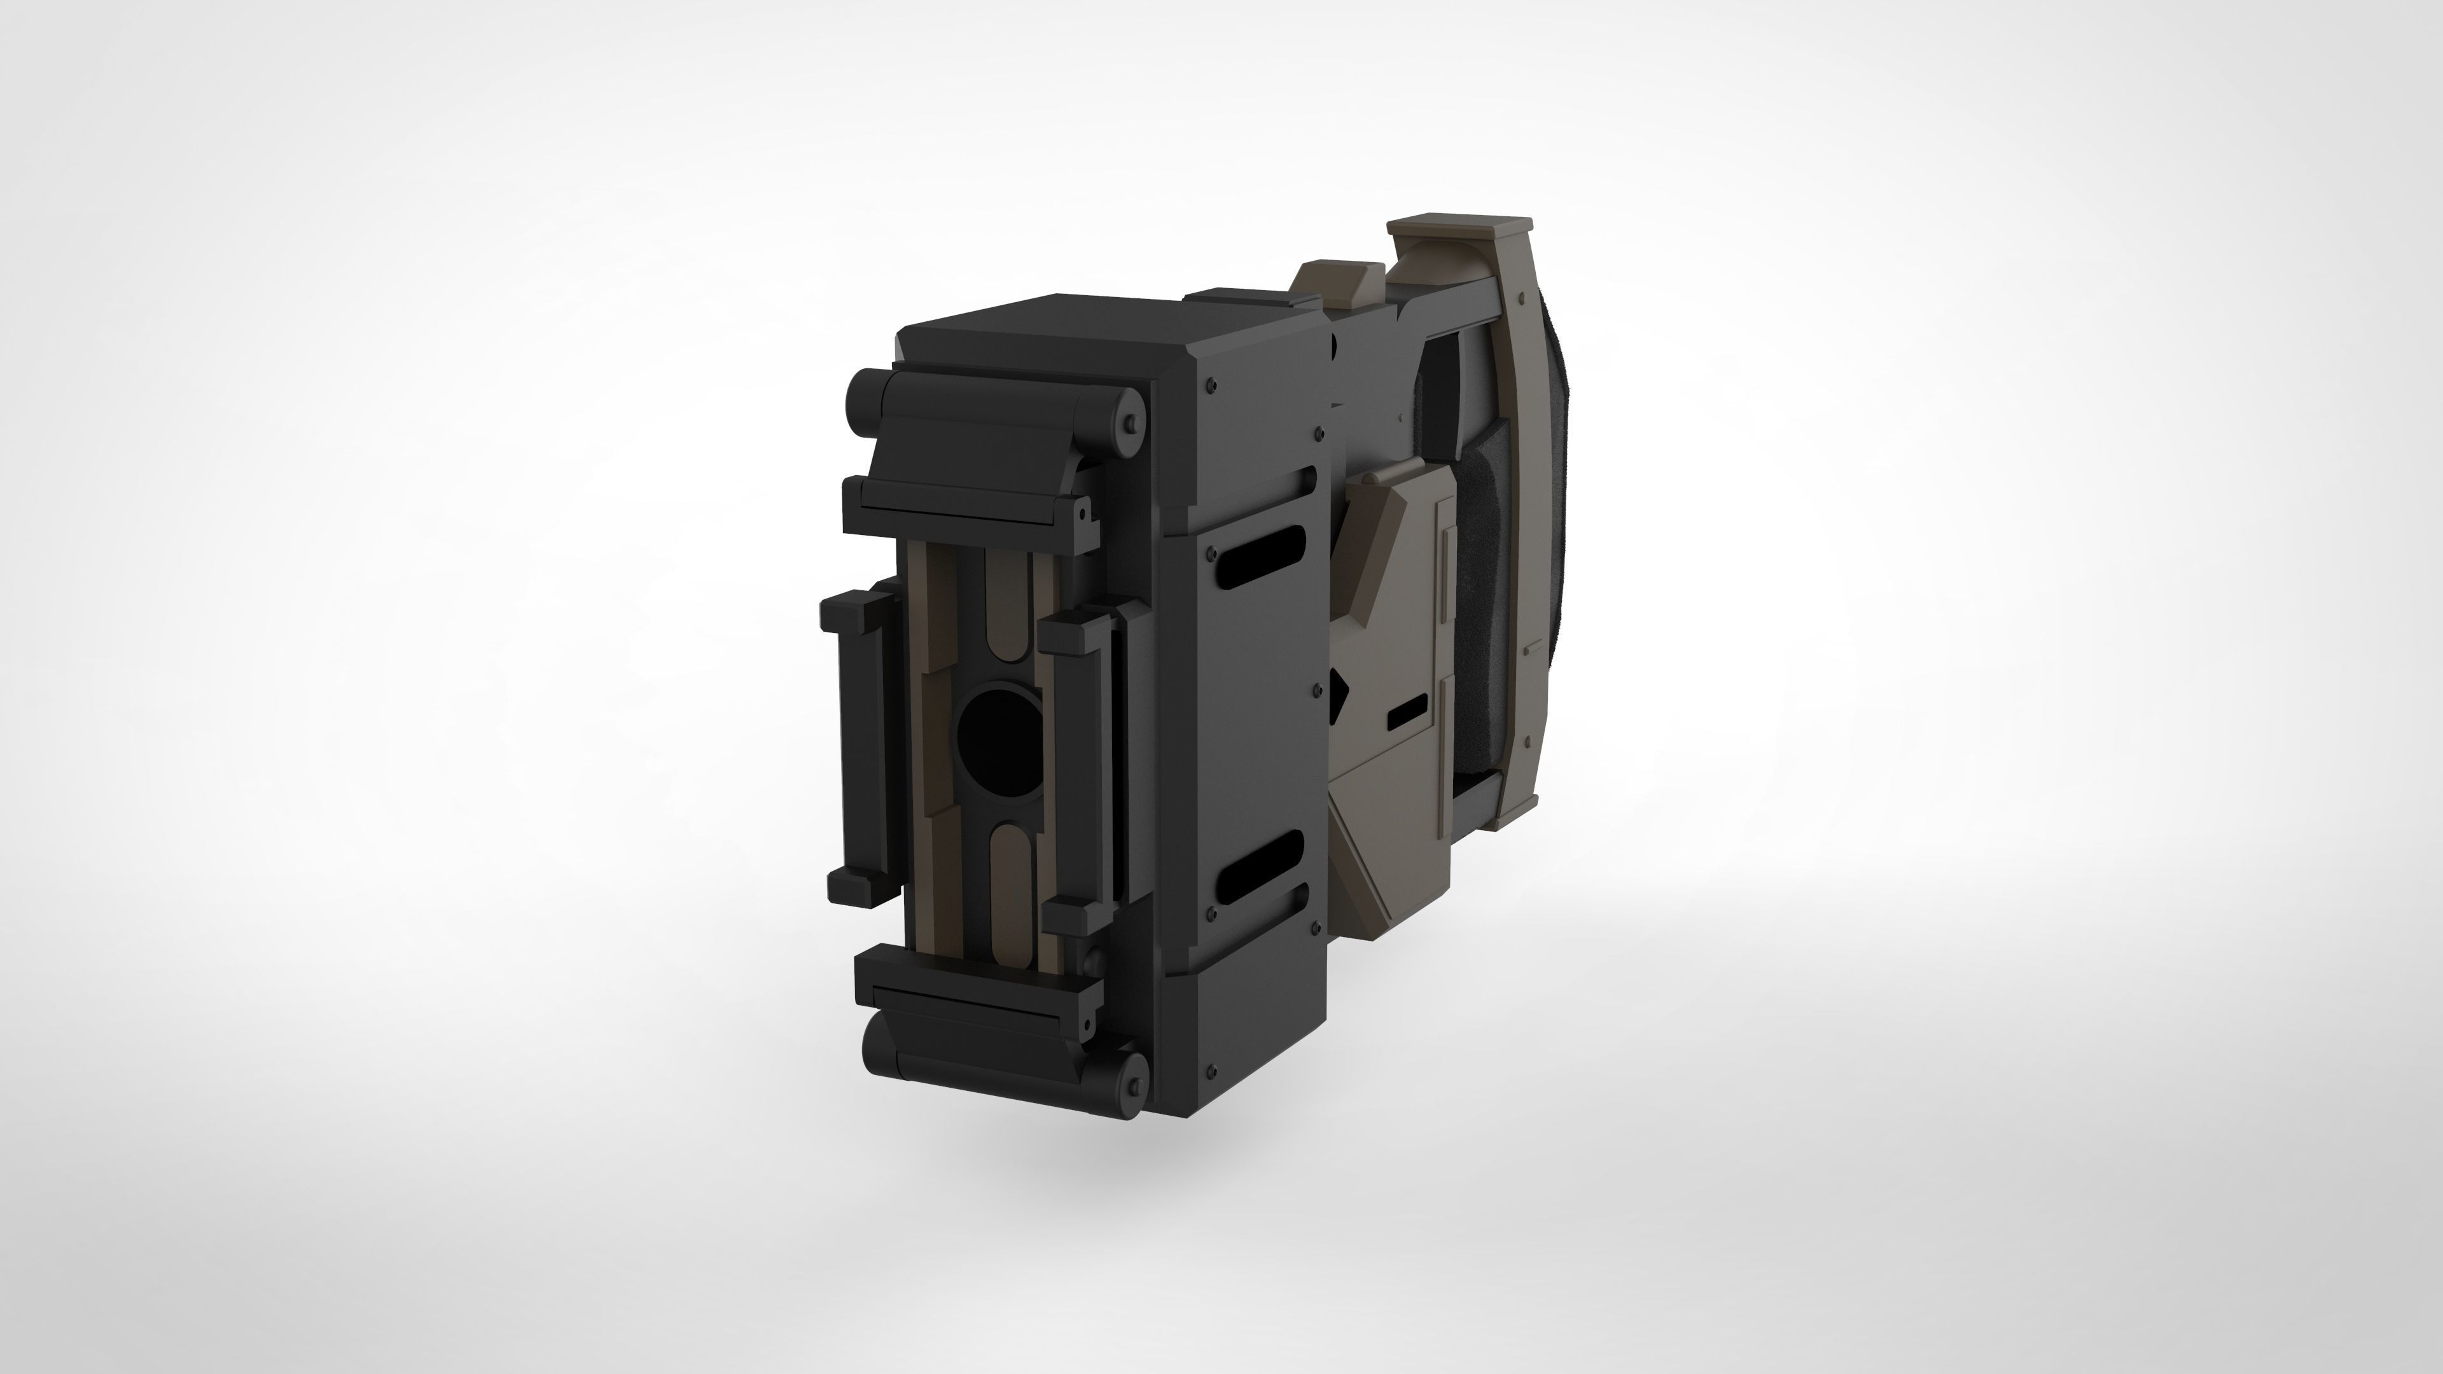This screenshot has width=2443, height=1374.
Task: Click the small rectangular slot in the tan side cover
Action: [x=1407, y=712]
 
